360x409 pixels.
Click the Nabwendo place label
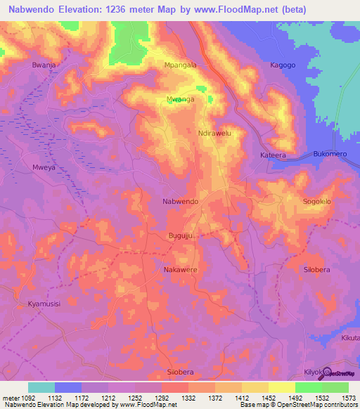pyautogui.click(x=180, y=202)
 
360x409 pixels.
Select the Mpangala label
pyautogui.click(x=180, y=65)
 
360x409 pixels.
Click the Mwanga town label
pyautogui.click(x=180, y=100)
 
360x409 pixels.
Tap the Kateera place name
pyautogui.click(x=274, y=155)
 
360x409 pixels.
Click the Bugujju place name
pyautogui.click(x=180, y=235)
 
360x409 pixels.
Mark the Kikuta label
pyautogui.click(x=349, y=338)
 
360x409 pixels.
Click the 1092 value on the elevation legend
pyautogui.click(x=19, y=397)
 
